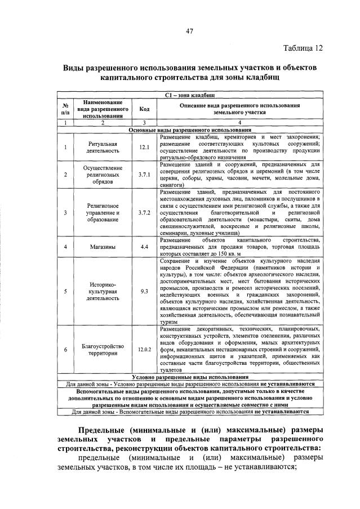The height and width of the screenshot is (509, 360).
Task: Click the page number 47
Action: [x=189, y=31]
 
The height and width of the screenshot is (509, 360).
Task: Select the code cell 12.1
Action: [x=144, y=148]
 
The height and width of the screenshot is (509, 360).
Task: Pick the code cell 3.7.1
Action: [x=144, y=175]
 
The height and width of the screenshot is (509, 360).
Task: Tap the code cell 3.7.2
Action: [x=144, y=213]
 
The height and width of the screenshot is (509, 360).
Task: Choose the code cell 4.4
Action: [x=144, y=246]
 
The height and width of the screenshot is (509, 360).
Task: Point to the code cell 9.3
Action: [x=144, y=291]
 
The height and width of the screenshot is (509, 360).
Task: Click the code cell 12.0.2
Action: [x=144, y=349]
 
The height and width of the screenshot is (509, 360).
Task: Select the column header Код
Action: [x=144, y=109]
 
